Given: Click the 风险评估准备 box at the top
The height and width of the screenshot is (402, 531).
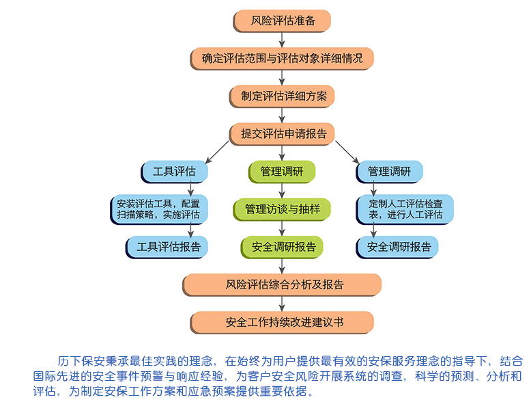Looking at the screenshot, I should tap(282, 21).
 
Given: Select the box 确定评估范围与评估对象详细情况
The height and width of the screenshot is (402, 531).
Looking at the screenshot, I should tap(282, 58).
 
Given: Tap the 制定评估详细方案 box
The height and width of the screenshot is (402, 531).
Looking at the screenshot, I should tap(282, 96).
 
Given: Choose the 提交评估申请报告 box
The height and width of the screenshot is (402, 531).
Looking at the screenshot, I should tap(282, 133).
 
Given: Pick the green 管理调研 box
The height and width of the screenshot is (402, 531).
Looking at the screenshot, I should tap(282, 172).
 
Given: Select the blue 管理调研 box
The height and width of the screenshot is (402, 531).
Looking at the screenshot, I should tap(389, 172).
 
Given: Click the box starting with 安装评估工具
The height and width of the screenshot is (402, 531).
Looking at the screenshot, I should tap(159, 209).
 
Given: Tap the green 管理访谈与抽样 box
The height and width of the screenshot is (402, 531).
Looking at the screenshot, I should tap(282, 209).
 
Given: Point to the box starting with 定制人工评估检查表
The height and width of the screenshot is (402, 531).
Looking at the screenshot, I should tap(405, 209).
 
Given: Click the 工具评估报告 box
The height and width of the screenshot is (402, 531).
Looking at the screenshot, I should tap(168, 247).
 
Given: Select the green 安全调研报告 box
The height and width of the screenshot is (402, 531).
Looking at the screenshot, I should tap(282, 247).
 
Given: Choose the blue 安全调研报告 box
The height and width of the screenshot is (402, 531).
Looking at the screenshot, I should tap(399, 247).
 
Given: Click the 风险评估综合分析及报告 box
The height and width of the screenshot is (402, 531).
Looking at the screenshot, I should tap(282, 284).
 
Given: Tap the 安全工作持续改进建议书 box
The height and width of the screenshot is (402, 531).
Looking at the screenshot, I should tap(282, 321).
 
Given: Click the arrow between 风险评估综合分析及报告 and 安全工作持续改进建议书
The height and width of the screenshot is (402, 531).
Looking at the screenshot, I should tap(282, 303).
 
